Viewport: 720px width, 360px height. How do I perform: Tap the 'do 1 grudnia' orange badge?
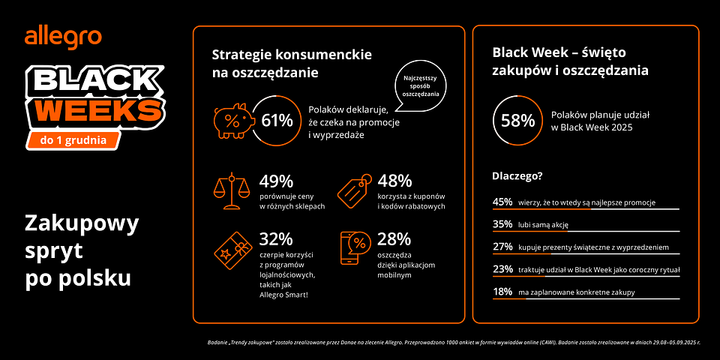[73, 139]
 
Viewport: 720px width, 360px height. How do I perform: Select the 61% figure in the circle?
[277, 120]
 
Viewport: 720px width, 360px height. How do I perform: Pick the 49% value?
[276, 181]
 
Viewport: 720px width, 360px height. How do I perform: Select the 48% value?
[394, 181]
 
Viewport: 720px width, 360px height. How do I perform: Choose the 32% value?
[276, 239]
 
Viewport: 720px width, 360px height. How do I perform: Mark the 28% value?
[394, 239]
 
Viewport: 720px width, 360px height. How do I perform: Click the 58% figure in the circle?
[517, 120]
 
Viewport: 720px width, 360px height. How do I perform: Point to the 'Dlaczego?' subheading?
[517, 178]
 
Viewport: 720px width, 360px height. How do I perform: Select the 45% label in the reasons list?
[502, 202]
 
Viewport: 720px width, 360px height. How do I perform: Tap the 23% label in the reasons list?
[502, 269]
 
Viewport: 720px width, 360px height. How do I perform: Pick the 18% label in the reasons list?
[502, 292]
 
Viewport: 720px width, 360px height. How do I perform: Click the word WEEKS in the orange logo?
[100, 111]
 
